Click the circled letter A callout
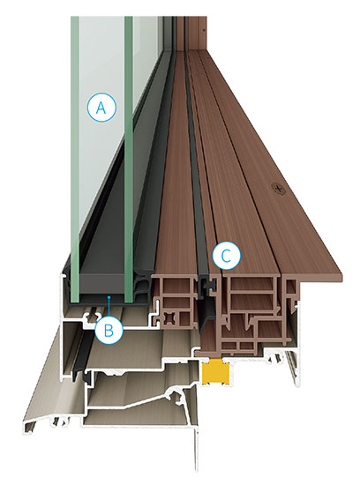[x=101, y=108]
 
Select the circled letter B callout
[x=109, y=330]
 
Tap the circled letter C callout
[x=226, y=256]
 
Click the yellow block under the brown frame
[x=215, y=371]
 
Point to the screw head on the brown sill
[x=279, y=187]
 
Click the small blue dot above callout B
[x=109, y=296]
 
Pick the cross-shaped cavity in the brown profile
[x=170, y=317]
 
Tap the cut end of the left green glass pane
[x=74, y=286]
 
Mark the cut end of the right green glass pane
[x=129, y=286]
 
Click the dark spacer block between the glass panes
[x=101, y=283]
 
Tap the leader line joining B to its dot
[x=109, y=307]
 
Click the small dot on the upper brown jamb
[x=204, y=30]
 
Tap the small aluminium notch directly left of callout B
[x=92, y=317]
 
